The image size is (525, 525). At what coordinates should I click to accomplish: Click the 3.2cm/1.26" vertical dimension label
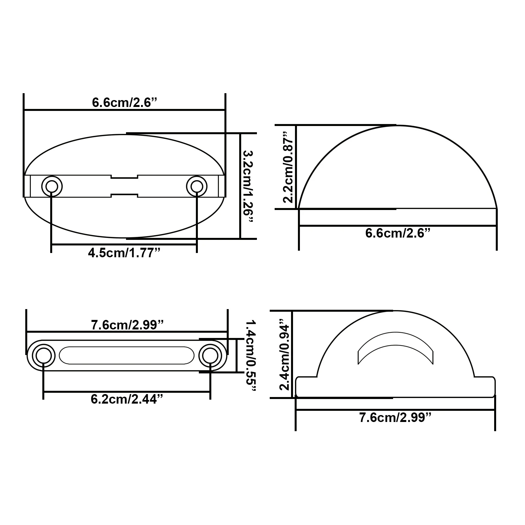pyautogui.click(x=248, y=186)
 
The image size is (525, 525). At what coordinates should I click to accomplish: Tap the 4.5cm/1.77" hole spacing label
pyautogui.click(x=124, y=253)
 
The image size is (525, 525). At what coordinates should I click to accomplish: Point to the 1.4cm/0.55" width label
pyautogui.click(x=251, y=356)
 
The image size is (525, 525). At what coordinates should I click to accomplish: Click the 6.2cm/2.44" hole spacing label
pyautogui.click(x=127, y=399)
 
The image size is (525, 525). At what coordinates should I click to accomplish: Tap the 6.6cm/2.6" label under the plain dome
pyautogui.click(x=398, y=233)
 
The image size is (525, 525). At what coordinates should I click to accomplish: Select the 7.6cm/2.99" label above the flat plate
pyautogui.click(x=127, y=325)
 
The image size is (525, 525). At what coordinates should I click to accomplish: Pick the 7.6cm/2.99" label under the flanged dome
pyautogui.click(x=395, y=418)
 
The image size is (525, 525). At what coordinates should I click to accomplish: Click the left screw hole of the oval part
pyautogui.click(x=52, y=186)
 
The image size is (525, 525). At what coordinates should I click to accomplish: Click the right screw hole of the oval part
pyautogui.click(x=197, y=186)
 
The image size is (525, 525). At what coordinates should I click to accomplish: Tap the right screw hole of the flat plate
pyautogui.click(x=210, y=356)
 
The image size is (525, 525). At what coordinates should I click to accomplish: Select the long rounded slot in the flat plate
pyautogui.click(x=127, y=355)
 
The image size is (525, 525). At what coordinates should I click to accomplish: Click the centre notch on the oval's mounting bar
pyautogui.click(x=124, y=186)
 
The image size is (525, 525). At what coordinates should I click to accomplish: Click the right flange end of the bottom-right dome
pyautogui.click(x=485, y=387)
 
